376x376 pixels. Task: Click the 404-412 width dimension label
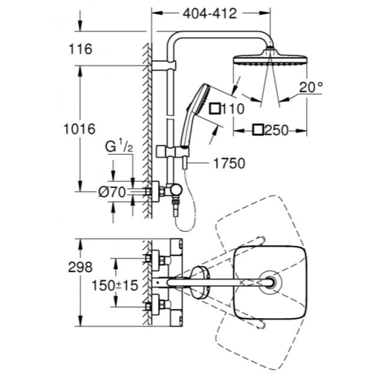click(210, 14)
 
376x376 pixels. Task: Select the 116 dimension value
click(80, 49)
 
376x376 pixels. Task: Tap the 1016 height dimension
click(80, 129)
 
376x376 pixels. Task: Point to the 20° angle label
click(311, 87)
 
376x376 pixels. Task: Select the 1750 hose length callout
click(229, 163)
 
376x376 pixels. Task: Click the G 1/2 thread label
click(119, 147)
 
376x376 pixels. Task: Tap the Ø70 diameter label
click(112, 193)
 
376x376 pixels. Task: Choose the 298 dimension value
click(80, 267)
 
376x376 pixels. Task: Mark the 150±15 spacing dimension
click(115, 285)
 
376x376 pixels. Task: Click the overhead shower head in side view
click(270, 57)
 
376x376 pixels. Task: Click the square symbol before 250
click(258, 130)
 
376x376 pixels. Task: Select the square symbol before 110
click(215, 109)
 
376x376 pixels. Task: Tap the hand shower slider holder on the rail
click(172, 151)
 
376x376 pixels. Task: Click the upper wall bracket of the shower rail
click(164, 65)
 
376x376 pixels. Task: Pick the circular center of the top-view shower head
click(271, 283)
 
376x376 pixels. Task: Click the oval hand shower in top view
click(200, 283)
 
